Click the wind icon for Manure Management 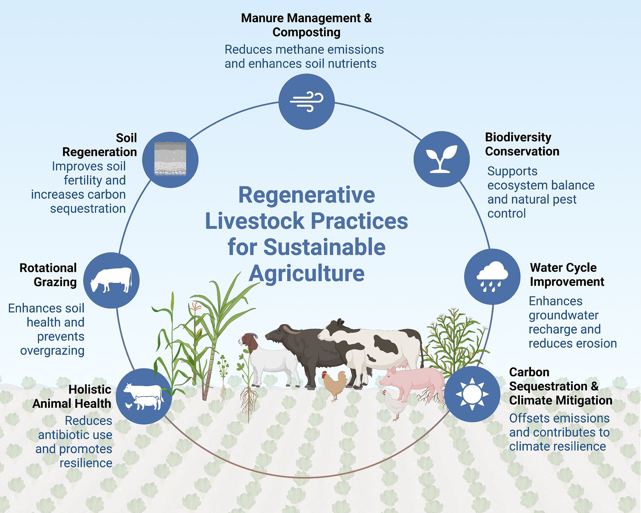[306, 102]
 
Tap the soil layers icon [170, 159]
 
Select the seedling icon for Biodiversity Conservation [442, 159]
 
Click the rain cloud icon [492, 277]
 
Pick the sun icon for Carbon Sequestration [472, 394]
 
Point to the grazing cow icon [111, 280]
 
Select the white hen [394, 405]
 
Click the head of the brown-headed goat [248, 341]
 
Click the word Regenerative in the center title [306, 195]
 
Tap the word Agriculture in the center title [306, 273]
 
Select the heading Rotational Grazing [48, 275]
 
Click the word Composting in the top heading [306, 32]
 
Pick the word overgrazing [52, 350]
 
